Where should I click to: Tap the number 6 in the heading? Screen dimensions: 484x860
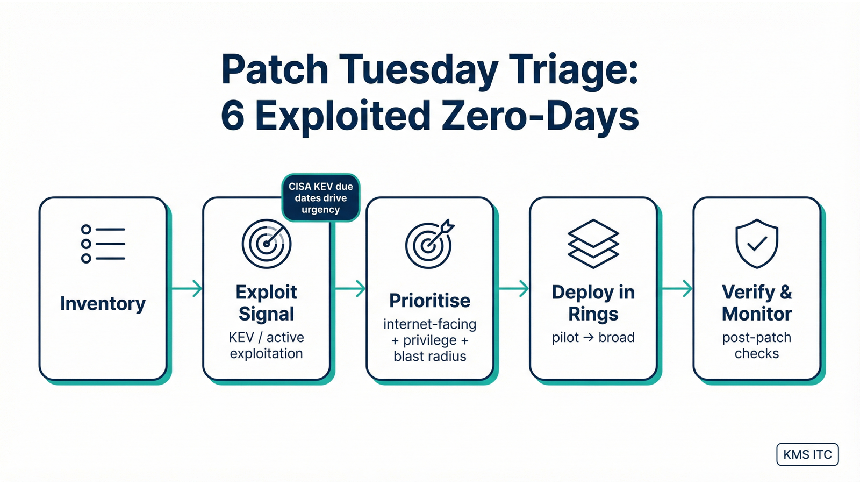point(233,116)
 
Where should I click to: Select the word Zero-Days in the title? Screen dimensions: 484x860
point(541,116)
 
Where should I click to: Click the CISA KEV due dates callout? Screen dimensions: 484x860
point(321,198)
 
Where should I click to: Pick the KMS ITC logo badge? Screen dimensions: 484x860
point(807,454)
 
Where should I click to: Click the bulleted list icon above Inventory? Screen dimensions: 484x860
point(103,244)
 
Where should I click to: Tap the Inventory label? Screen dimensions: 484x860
point(103,304)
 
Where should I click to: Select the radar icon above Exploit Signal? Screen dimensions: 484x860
point(267,244)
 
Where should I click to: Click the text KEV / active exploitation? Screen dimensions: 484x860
point(267,345)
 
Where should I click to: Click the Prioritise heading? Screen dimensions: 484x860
point(429,301)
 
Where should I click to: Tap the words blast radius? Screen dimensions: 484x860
point(429,356)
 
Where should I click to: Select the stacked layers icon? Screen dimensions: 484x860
point(593,244)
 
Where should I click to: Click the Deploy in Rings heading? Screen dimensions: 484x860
point(593,303)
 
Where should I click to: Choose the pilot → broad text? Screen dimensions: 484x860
point(593,337)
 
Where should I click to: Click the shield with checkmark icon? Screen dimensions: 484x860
point(757,244)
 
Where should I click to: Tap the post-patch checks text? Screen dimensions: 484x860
point(757,345)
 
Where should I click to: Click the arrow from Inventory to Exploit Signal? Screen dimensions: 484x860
point(187,289)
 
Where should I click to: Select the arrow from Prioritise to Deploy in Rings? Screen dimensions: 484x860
point(513,289)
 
